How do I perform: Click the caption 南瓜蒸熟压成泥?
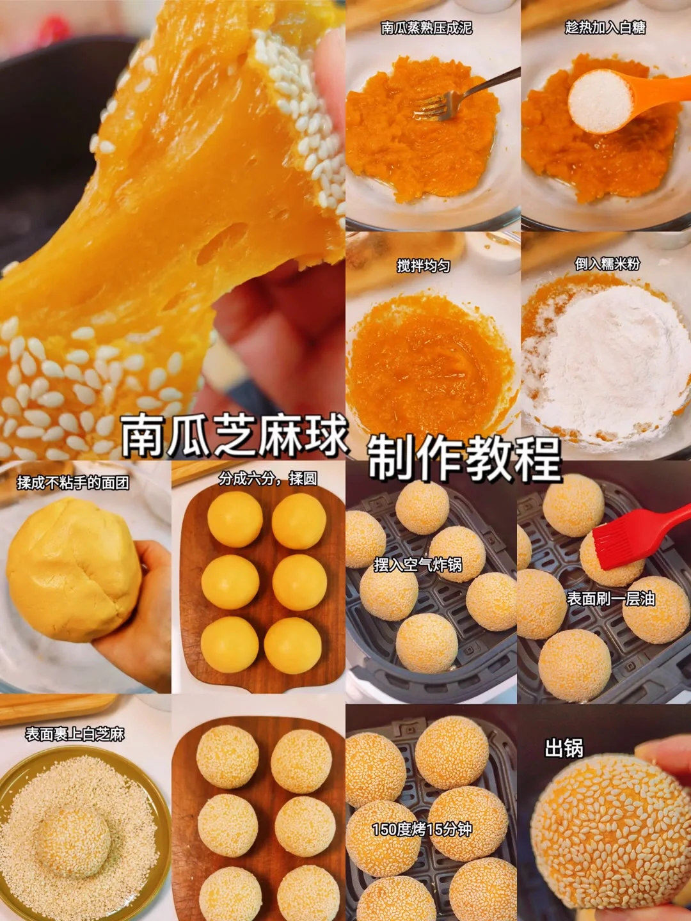(x=426, y=28)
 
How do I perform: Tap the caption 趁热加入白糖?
(x=605, y=28)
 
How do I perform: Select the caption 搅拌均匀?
(x=424, y=267)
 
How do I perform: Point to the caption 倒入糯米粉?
(x=607, y=264)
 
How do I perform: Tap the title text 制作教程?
(x=465, y=459)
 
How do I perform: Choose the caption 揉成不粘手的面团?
(x=73, y=484)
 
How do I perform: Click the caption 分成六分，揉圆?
(x=267, y=479)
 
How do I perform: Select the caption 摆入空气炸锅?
(x=418, y=565)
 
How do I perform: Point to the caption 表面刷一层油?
(x=611, y=599)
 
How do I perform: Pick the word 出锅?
(x=564, y=748)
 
